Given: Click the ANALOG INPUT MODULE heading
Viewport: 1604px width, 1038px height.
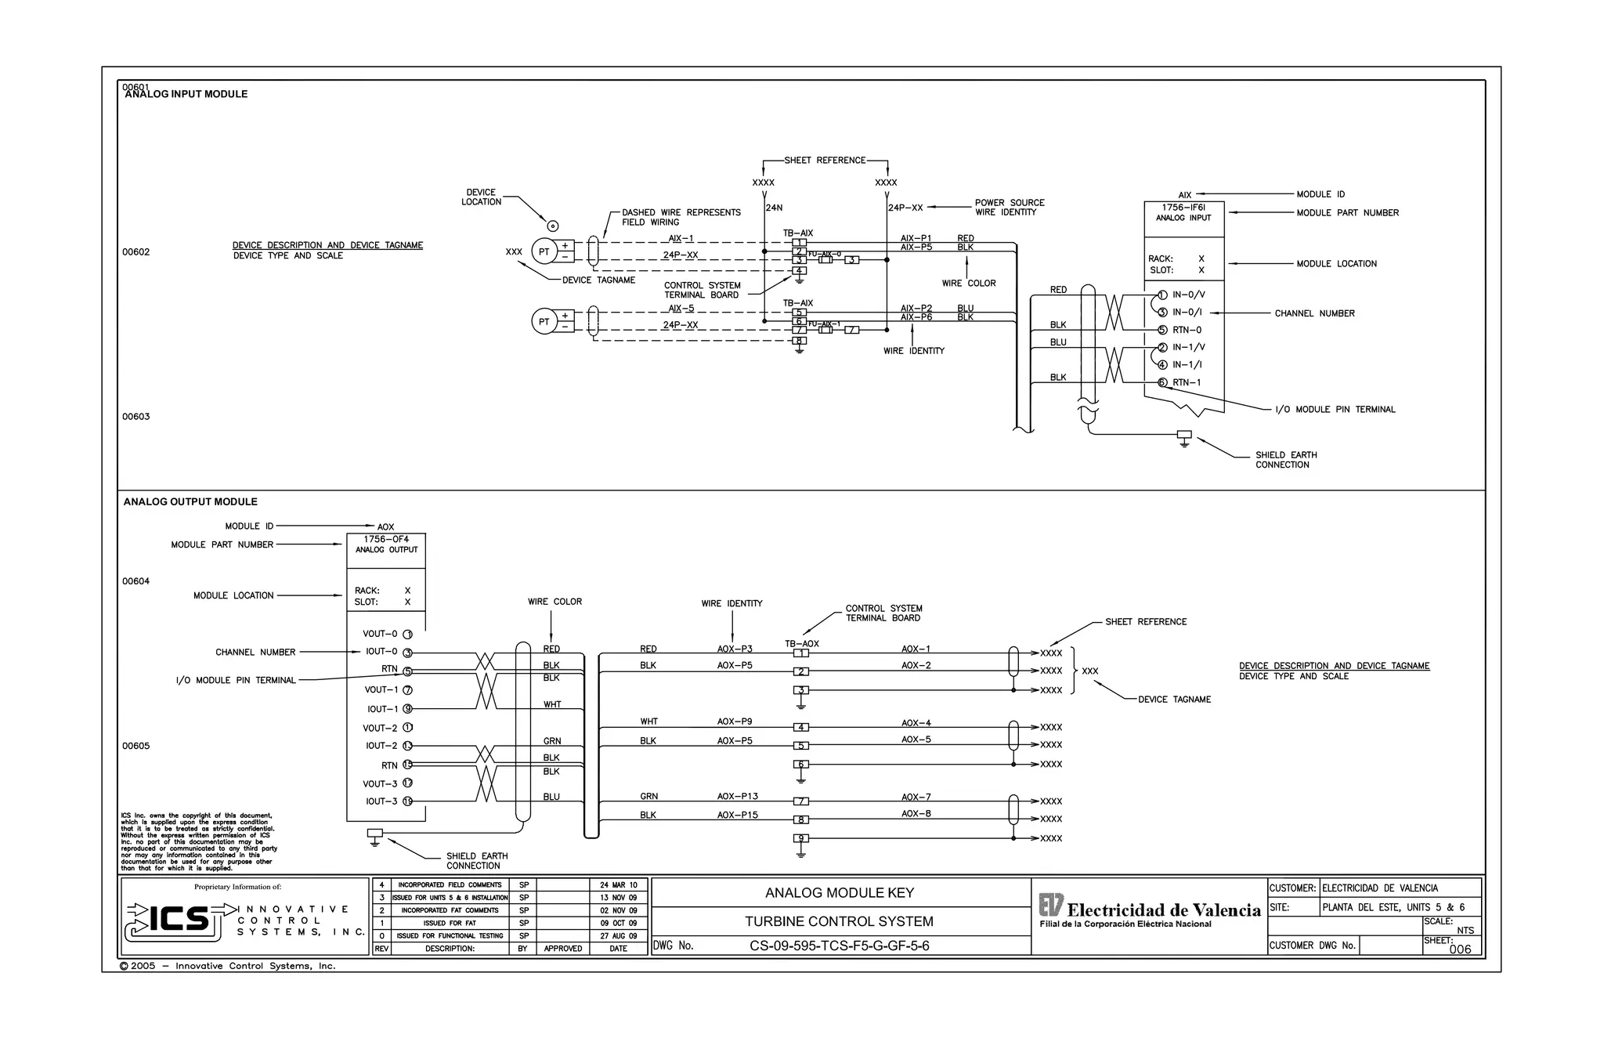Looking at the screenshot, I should pos(186,94).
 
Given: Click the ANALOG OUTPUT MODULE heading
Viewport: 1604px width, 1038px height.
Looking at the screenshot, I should pos(190,501).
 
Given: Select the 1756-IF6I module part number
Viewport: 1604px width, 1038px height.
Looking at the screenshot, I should pos(1183,208).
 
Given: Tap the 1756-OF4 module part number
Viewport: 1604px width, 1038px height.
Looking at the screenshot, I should pos(386,539).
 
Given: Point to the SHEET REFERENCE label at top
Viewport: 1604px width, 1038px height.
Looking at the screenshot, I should pos(825,160).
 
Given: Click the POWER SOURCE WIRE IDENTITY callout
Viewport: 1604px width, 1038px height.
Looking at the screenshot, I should pos(1009,207).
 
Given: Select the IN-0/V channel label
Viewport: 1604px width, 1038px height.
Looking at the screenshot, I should pos(1188,295).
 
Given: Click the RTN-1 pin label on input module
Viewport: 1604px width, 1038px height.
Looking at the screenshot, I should pos(1187,382).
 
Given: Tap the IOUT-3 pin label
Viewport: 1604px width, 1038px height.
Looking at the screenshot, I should pos(381,801).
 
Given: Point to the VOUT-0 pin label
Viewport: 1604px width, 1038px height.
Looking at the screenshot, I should pos(380,634).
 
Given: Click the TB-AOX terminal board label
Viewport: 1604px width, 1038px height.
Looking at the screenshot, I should pos(801,644).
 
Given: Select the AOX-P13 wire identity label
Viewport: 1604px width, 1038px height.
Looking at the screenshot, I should pos(737,796).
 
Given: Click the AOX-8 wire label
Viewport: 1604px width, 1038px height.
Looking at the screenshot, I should pos(916,813).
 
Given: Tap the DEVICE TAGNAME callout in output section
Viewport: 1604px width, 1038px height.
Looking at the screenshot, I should pos(1174,700).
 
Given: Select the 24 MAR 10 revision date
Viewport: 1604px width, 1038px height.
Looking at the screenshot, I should pos(618,884).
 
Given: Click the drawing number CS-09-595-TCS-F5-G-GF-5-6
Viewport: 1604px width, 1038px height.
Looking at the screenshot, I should pos(839,946).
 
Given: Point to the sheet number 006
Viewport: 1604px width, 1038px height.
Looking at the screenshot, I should pos(1460,949).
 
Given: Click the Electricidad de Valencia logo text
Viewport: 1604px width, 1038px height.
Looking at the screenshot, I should pos(1163,910).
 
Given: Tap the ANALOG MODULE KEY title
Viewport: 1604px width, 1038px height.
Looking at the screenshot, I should pos(839,892).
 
